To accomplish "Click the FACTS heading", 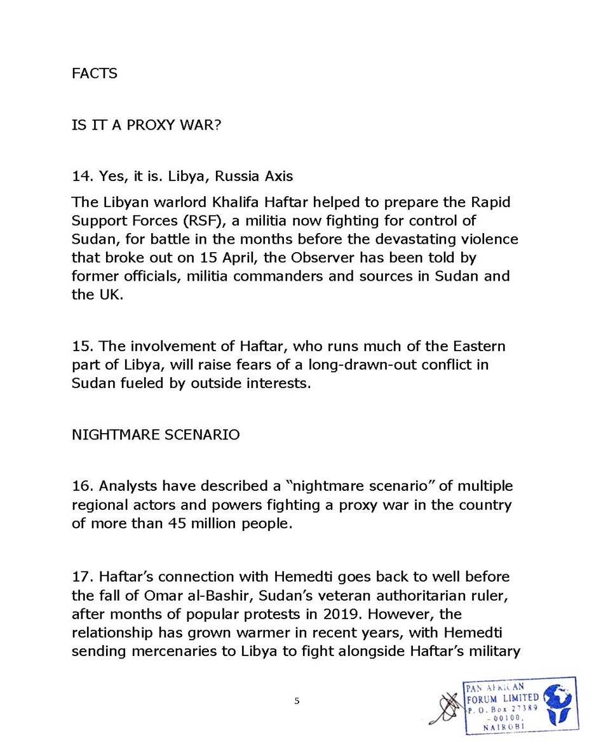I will (x=94, y=73).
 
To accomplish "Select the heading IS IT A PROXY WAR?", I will (x=146, y=124).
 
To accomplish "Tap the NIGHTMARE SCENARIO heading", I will (x=156, y=435).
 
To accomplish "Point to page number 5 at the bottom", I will (x=297, y=701).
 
